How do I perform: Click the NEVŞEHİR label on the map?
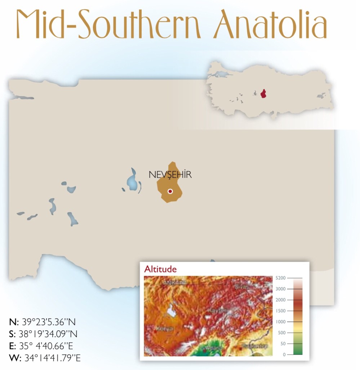[x=170, y=175]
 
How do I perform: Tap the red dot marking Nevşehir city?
[x=170, y=191]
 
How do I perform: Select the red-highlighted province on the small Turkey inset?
[x=264, y=94]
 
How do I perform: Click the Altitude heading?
[x=160, y=269]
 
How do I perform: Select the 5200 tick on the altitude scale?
[x=280, y=278]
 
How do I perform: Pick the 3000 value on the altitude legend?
[x=280, y=289]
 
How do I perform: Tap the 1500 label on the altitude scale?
[x=280, y=311]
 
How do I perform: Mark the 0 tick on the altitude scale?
[x=284, y=355]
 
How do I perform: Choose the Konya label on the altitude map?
[x=165, y=329]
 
